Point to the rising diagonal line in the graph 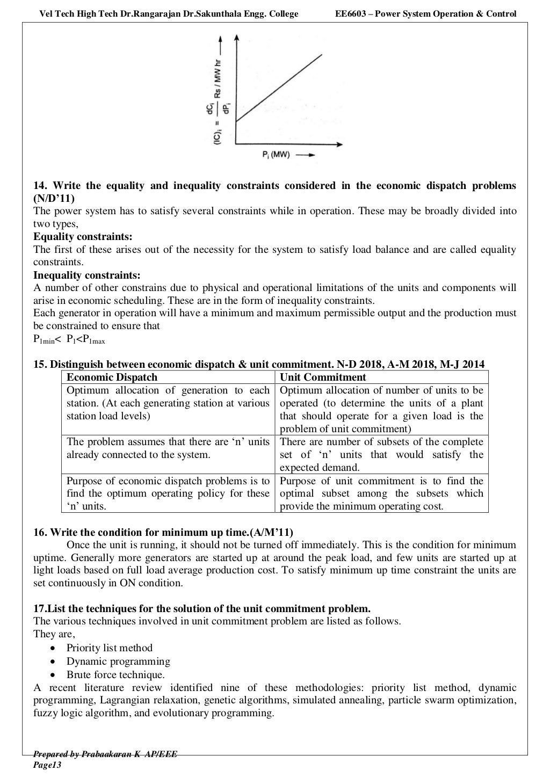pos(279,88)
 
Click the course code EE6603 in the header pos(351,13)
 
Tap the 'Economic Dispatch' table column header pos(112,377)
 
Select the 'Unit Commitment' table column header pos(323,377)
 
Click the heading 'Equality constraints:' pos(83,237)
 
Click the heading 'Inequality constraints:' pos(87,275)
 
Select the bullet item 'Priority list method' pos(109,648)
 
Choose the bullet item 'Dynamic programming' pos(118,661)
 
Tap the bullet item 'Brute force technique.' pos(115,675)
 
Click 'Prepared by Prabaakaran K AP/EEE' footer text pos(105,754)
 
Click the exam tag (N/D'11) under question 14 pos(54,198)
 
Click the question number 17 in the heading pos(39,609)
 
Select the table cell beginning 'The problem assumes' pos(168,448)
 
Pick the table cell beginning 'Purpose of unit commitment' pos(381,493)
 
